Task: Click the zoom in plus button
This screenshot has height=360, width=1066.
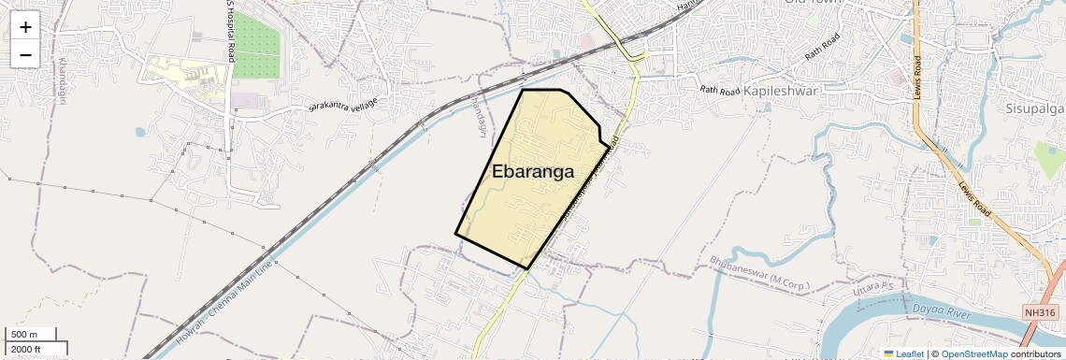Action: click(25, 26)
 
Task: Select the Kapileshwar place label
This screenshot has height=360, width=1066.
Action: click(781, 91)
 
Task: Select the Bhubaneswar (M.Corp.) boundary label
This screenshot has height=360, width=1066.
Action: click(762, 272)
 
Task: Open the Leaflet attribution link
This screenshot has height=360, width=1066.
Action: click(902, 353)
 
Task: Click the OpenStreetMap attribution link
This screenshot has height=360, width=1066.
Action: click(973, 353)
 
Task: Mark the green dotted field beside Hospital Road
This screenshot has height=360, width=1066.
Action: click(256, 47)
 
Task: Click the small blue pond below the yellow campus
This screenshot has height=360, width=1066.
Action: click(140, 132)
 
